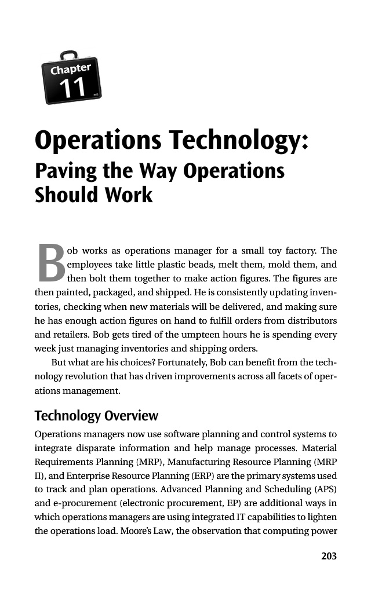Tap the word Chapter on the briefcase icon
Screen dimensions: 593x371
tap(70, 70)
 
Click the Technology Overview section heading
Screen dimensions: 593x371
tap(96, 416)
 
